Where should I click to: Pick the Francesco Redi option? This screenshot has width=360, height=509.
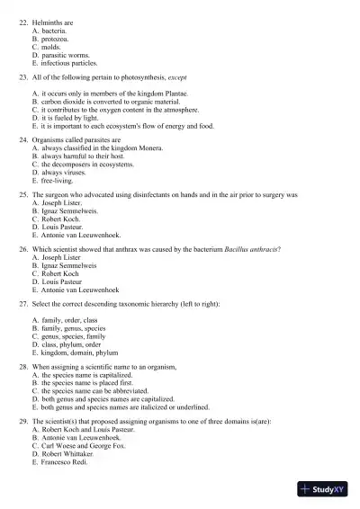coord(65,461)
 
